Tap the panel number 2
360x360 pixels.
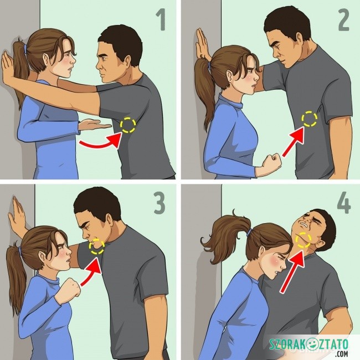[x=344, y=20]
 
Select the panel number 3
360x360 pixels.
[x=160, y=203]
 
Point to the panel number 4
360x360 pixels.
[x=344, y=203]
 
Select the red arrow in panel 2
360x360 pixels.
[x=294, y=142]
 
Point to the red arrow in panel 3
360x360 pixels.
[x=90, y=272]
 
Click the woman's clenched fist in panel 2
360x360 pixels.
[x=272, y=162]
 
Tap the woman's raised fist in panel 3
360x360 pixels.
[x=71, y=287]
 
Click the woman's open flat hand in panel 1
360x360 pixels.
[x=94, y=125]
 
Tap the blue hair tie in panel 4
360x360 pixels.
[x=249, y=233]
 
